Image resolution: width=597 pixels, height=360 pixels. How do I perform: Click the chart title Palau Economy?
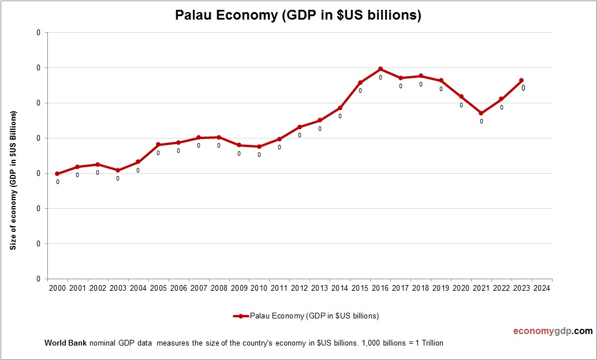[x=298, y=16]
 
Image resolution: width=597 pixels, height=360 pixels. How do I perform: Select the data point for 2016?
[x=380, y=69]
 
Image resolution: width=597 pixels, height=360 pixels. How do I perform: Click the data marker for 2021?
[x=481, y=113]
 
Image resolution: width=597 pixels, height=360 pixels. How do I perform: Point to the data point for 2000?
[x=57, y=174]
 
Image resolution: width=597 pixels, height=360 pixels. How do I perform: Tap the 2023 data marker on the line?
[x=521, y=80]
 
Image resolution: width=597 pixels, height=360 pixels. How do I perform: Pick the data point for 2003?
[x=118, y=170]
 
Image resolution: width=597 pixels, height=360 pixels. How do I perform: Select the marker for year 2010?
[x=259, y=147]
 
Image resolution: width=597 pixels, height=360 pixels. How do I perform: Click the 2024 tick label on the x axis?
[x=542, y=288]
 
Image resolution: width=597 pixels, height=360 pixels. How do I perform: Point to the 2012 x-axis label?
[x=299, y=288]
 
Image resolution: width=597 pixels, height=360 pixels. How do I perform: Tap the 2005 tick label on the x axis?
[x=158, y=288]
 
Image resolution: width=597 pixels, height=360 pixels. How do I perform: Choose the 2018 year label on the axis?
[x=420, y=288]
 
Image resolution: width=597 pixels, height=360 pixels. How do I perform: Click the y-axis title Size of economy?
[x=13, y=180]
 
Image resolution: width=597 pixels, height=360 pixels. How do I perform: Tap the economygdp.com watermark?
[x=553, y=331]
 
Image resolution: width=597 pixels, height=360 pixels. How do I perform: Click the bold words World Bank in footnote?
[x=65, y=343]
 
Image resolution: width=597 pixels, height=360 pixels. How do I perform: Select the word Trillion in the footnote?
[x=431, y=343]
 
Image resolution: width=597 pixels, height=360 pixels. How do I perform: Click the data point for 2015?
[x=360, y=82]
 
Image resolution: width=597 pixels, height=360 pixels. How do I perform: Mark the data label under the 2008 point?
[x=219, y=145]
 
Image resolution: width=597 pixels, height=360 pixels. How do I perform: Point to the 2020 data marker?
[x=461, y=96]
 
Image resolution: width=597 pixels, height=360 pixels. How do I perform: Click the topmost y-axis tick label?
[x=39, y=33]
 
